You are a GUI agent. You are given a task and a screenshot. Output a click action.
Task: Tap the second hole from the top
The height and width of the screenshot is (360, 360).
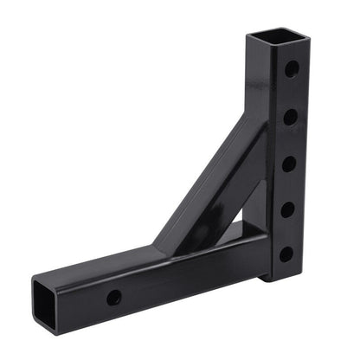[290, 114]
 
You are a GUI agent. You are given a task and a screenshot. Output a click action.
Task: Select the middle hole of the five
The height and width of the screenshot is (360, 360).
[288, 162]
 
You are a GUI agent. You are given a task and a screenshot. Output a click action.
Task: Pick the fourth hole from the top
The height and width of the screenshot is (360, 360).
[287, 209]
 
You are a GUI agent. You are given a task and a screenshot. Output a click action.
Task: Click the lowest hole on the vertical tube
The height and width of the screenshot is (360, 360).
[286, 254]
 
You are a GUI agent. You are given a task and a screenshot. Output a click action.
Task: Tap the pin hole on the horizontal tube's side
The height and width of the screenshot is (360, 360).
[113, 297]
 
